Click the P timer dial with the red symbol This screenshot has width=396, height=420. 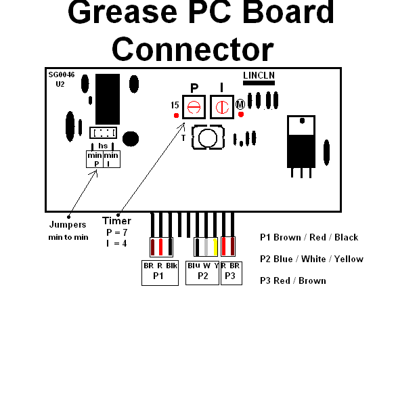194,107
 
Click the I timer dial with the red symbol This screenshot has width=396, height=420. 222,107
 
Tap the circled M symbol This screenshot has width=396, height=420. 240,104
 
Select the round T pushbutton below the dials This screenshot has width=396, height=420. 208,138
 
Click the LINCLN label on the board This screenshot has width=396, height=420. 259,76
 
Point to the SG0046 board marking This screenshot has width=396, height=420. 62,75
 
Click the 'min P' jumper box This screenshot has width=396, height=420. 95,159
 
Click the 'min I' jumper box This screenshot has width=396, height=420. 112,159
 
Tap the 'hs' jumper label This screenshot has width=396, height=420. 103,146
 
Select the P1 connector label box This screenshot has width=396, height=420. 160,273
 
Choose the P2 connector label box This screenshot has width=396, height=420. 202,273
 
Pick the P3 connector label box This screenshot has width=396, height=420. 232,273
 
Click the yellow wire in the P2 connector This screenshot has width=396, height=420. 215,247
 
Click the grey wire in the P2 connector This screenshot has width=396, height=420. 206,247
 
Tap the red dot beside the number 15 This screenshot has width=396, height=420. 176,115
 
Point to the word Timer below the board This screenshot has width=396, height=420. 116,221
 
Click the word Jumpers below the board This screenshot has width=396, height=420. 68,225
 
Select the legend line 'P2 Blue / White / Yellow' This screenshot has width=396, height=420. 311,259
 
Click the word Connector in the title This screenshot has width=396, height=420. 193,49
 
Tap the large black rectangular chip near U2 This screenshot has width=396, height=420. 108,99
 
